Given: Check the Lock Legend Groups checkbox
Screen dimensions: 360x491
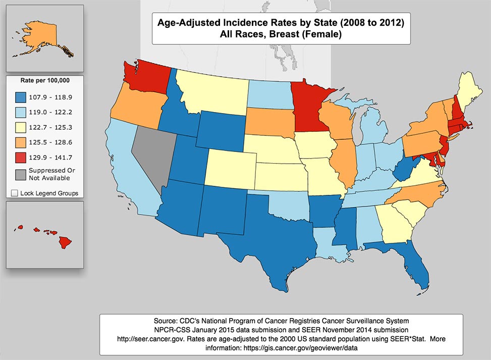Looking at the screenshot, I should (14, 193).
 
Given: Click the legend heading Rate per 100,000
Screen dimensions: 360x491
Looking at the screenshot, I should (45, 80).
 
